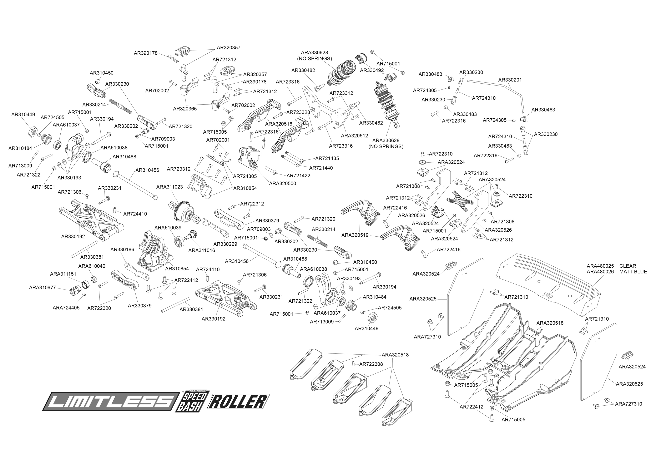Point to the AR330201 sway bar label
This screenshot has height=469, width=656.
point(510,80)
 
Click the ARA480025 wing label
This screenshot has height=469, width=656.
point(600,266)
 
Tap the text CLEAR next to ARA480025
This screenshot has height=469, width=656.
point(627,266)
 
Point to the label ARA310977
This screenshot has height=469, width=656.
point(42,288)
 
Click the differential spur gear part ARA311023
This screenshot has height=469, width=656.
point(183,214)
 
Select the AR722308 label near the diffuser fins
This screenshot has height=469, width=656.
point(371,364)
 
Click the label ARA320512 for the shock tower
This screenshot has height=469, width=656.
point(354,136)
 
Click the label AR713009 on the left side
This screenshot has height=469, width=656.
point(20,166)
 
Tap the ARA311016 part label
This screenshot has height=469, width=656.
point(201,250)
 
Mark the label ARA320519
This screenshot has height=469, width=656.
point(355,235)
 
